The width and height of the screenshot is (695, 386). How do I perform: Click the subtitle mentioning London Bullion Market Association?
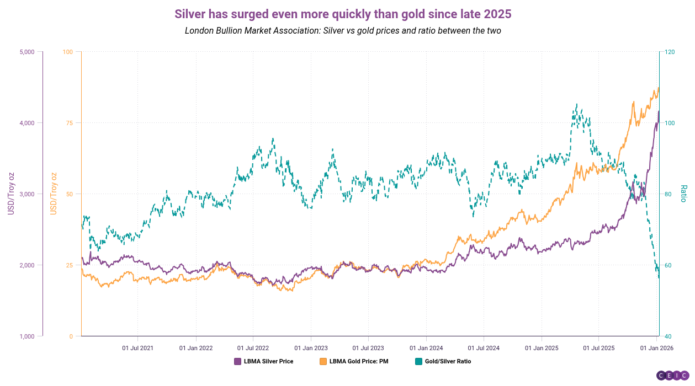point(343,31)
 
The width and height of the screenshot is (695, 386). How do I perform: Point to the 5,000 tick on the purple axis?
point(27,52)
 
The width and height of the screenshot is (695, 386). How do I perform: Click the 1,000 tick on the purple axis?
point(27,336)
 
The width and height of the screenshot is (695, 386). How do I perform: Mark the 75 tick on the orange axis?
point(69,123)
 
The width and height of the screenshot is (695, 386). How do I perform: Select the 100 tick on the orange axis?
point(68,52)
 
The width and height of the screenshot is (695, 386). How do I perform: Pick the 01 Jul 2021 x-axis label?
point(137,348)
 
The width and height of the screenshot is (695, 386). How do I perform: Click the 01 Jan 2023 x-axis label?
point(311,348)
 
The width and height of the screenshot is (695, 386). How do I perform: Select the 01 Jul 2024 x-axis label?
point(484,348)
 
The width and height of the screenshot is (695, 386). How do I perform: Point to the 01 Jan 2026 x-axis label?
point(656,348)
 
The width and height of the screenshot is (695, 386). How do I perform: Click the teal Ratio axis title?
point(683,194)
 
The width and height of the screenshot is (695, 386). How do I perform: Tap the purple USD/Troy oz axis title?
point(10,194)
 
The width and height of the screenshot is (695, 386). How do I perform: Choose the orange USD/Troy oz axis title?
point(54,194)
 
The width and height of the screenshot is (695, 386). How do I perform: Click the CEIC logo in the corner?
point(672,376)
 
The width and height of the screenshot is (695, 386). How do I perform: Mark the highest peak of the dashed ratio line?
point(576,104)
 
